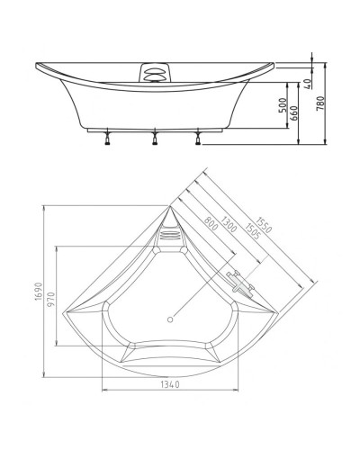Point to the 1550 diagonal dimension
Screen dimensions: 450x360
coord(261,219)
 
